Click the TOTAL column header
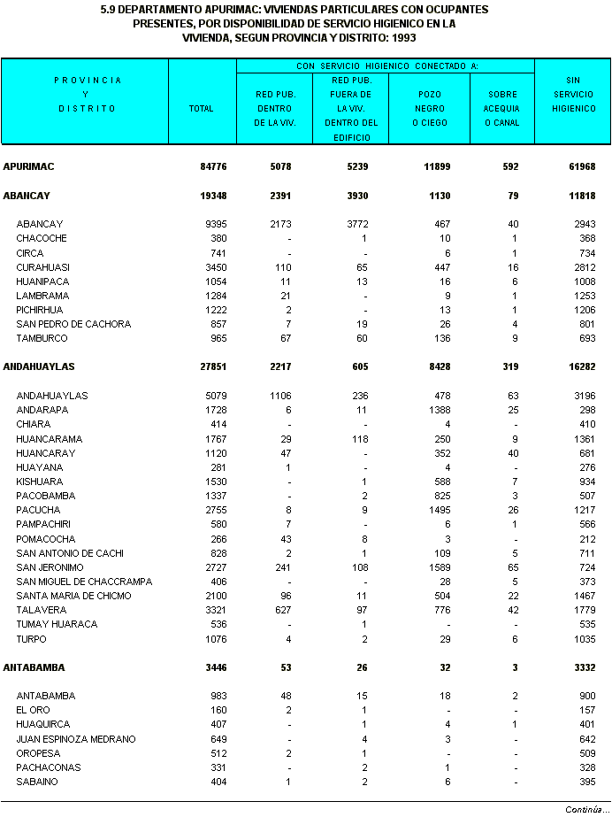pyautogui.click(x=202, y=109)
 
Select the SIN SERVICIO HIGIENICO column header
pyautogui.click(x=573, y=94)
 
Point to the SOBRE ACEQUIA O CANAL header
pyautogui.click(x=501, y=108)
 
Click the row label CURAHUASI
pyautogui.click(x=42, y=267)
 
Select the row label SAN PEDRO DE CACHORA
pyautogui.click(x=73, y=324)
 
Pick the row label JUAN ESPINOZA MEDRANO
pyautogui.click(x=76, y=739)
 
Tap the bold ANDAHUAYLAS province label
pyautogui.click(x=39, y=366)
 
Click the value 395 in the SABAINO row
pyautogui.click(x=587, y=782)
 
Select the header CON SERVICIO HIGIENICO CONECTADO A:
pyautogui.click(x=386, y=66)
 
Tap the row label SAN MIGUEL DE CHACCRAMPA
pyautogui.click(x=84, y=582)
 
